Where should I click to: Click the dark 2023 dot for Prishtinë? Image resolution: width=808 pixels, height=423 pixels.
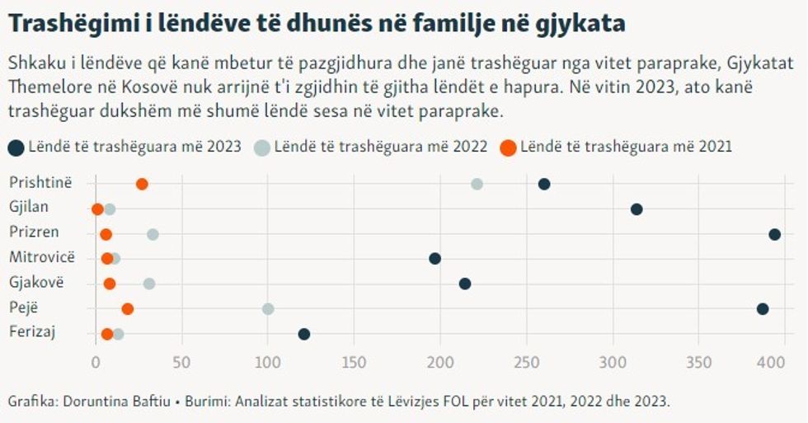point(544,184)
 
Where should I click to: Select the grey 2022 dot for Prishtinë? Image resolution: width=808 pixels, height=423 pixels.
point(477,184)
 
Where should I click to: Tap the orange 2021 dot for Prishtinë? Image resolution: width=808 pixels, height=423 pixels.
point(142,184)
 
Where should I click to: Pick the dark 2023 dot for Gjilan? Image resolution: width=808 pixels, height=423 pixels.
point(637,209)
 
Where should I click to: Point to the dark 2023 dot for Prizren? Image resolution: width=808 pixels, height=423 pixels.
point(774,234)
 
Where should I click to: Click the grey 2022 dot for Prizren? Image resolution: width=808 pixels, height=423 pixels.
point(153,234)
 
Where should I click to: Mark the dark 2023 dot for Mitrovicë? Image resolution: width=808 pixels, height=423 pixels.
point(435,259)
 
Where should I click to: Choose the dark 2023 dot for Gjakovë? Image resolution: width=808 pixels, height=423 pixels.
point(465,284)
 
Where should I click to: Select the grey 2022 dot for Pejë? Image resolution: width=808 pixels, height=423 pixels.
point(268,309)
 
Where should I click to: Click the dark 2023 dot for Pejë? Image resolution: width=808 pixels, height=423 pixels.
point(763,309)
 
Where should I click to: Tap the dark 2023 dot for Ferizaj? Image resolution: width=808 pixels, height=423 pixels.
point(304,334)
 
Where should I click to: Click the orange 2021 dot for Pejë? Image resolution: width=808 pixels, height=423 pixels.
point(127,309)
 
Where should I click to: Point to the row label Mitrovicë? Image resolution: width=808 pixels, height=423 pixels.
point(41,257)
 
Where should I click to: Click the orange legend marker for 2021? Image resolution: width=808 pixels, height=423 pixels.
point(508,148)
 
